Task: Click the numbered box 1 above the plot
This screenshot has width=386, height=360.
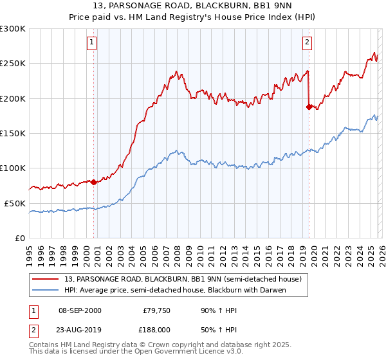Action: click(92, 43)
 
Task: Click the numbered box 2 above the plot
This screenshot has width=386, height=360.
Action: click(307, 43)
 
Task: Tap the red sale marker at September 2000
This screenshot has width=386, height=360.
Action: click(94, 182)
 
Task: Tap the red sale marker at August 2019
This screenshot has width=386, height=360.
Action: click(309, 107)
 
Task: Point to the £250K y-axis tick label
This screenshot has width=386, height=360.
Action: click(13, 64)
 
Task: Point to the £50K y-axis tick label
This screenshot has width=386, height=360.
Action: click(15, 203)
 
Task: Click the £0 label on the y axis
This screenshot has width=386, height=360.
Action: click(20, 238)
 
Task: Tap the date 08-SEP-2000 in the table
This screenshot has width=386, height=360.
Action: click(80, 310)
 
